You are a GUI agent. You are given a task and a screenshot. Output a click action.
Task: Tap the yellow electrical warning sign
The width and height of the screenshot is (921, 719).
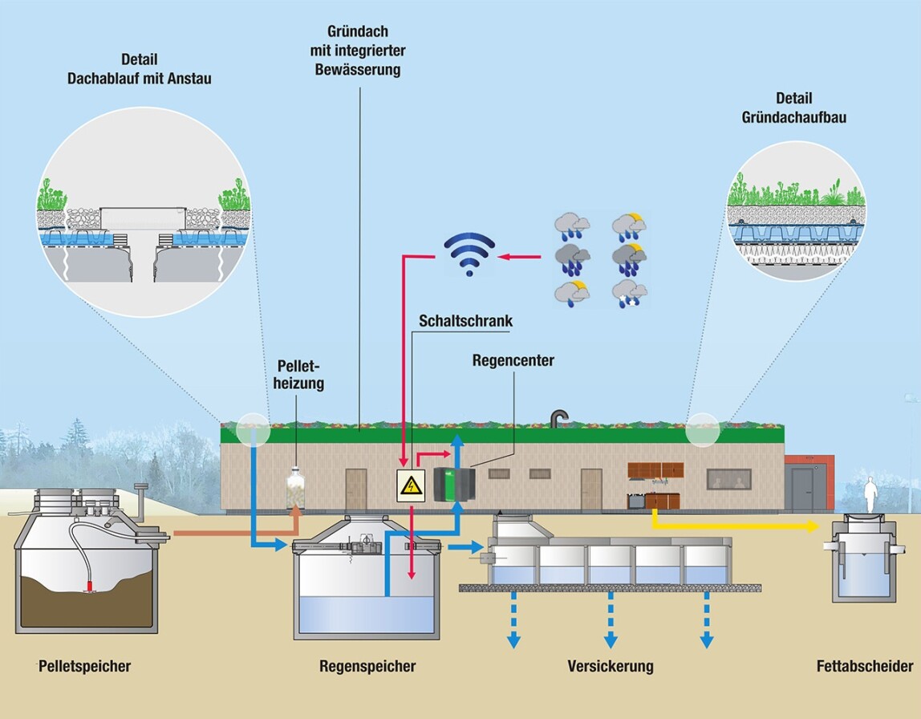pos(411,485)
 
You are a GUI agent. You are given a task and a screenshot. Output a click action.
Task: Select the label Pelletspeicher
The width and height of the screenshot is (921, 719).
pos(84,666)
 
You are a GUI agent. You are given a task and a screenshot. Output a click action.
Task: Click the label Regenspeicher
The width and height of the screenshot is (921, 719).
pos(367,666)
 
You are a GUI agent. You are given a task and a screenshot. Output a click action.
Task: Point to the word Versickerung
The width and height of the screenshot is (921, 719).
pos(610,666)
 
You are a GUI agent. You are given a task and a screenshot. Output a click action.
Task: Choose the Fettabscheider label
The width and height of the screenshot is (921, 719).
pos(865,666)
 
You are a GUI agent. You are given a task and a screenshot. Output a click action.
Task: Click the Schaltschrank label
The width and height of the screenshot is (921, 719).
pos(465,321)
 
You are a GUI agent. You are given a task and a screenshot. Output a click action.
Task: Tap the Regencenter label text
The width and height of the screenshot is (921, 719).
pos(513,360)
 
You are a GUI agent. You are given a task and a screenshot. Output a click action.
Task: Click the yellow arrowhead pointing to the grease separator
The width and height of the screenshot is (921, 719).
pos(812,526)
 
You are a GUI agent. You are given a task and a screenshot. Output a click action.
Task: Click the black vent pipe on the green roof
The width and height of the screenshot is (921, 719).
pos(558,417)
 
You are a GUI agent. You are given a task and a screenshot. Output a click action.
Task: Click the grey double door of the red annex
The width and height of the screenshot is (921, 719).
pos(803,489)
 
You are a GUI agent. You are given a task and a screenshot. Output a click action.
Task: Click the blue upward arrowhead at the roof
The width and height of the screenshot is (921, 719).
pos(456,440)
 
